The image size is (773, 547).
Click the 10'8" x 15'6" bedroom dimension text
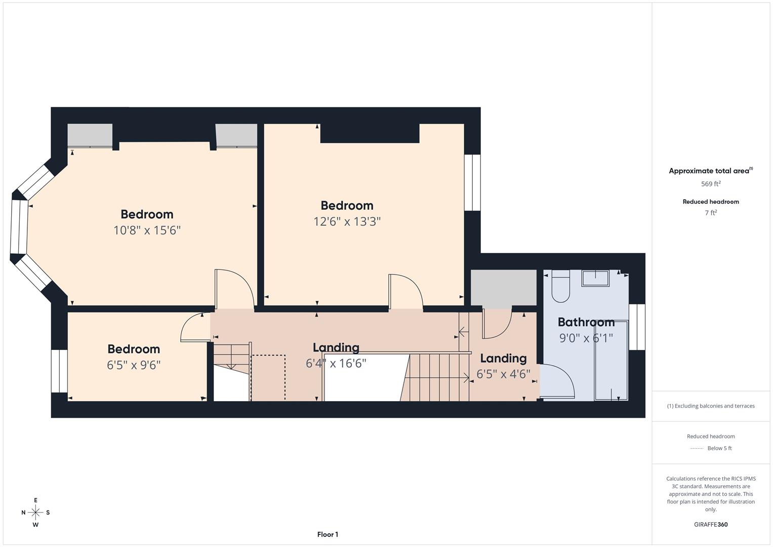pos(147,230)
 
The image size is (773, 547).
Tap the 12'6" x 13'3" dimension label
pos(347,221)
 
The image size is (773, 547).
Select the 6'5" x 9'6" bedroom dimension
pos(134,365)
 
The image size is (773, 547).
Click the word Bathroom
pos(586,322)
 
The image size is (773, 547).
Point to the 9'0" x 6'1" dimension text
pos(586,338)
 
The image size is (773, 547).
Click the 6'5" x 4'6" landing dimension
pos(503,374)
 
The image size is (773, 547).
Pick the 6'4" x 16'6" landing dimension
pos(336,363)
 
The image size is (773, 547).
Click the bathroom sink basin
pos(595,279)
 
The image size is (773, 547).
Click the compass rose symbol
pos(35,513)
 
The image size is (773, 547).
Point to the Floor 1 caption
pos(328,534)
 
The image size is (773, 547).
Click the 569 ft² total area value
pos(710,184)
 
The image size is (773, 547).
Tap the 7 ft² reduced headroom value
pos(711,213)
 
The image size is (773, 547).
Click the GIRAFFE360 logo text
pos(711,524)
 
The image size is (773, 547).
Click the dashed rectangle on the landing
pos(268,377)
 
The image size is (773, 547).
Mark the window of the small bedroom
pos(60,371)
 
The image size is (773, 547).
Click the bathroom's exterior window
pos(637,327)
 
